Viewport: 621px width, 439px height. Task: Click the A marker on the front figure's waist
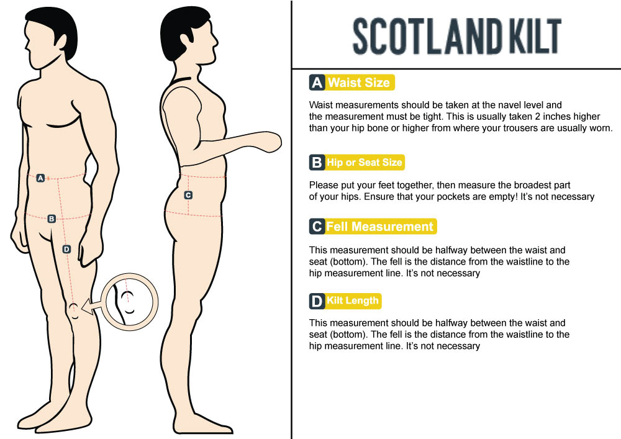click(40, 178)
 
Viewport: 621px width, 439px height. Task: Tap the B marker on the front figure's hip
click(52, 219)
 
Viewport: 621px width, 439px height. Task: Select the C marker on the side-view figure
click(189, 195)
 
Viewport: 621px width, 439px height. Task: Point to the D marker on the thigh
click(66, 249)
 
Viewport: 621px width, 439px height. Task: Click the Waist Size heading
click(359, 83)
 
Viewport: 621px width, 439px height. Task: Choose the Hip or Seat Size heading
click(364, 162)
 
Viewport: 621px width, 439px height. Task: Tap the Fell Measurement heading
click(380, 227)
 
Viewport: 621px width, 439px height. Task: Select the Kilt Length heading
click(353, 301)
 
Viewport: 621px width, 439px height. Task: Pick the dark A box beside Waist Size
click(317, 83)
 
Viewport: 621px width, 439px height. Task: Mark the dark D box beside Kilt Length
click(317, 301)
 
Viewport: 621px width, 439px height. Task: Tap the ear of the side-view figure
click(188, 38)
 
